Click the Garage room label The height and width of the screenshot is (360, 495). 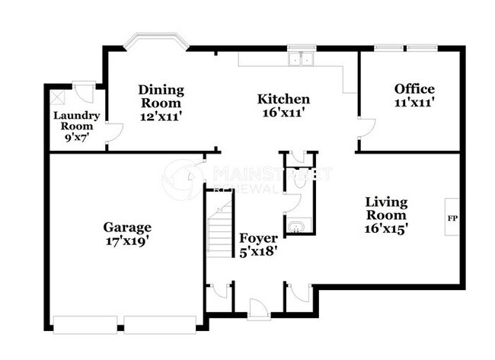pos(128,227)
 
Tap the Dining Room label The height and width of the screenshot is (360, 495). pos(161,96)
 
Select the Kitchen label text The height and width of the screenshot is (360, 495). pos(283,99)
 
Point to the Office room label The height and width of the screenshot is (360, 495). pos(414,88)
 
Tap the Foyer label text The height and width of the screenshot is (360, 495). pos(259,237)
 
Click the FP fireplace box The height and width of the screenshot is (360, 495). pos(451,218)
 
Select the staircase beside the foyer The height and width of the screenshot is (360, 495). pos(219,225)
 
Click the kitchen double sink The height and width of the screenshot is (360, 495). pos(302,60)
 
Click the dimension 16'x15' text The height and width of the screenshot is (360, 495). pos(386,228)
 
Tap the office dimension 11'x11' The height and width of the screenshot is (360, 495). pos(414,102)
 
